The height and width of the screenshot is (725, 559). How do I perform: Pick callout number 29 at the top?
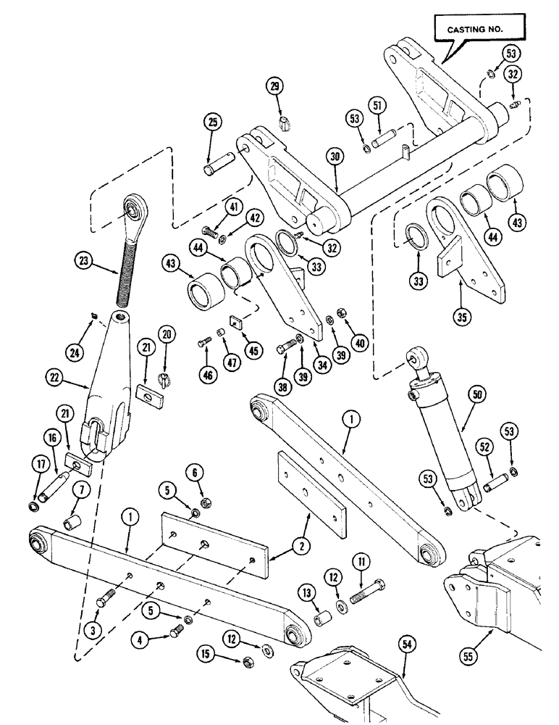275,86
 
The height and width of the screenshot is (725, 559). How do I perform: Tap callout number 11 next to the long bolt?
359,560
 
